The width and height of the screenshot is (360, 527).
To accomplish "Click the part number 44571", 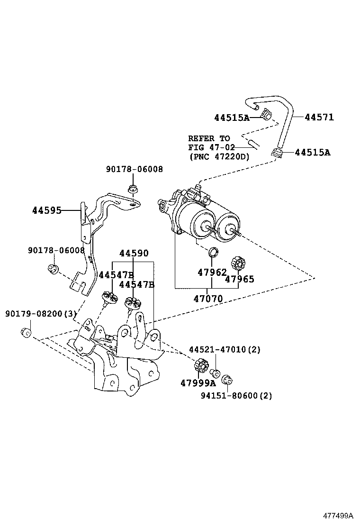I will (x=319, y=117).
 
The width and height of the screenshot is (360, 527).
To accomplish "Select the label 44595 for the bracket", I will (x=46, y=210).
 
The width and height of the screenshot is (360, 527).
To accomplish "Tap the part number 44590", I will (x=134, y=254).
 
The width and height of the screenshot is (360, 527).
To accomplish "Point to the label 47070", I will (x=208, y=299).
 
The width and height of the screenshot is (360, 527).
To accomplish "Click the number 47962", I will (x=212, y=273).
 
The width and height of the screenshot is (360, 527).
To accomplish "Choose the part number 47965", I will (x=239, y=279).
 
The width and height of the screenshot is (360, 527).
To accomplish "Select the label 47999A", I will (x=198, y=383).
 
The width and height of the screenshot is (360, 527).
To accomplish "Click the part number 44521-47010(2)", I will (x=225, y=350).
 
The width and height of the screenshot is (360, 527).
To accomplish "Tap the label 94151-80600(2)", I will (x=235, y=396).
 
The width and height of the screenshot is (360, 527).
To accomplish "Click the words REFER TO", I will (x=209, y=138).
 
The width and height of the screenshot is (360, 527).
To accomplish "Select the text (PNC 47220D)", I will (x=218, y=156).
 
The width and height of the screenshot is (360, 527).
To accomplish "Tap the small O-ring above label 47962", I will (x=214, y=251).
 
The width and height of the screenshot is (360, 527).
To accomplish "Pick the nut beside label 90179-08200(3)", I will (x=27, y=332).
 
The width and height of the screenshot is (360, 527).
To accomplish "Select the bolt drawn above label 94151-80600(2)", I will (x=227, y=379).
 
